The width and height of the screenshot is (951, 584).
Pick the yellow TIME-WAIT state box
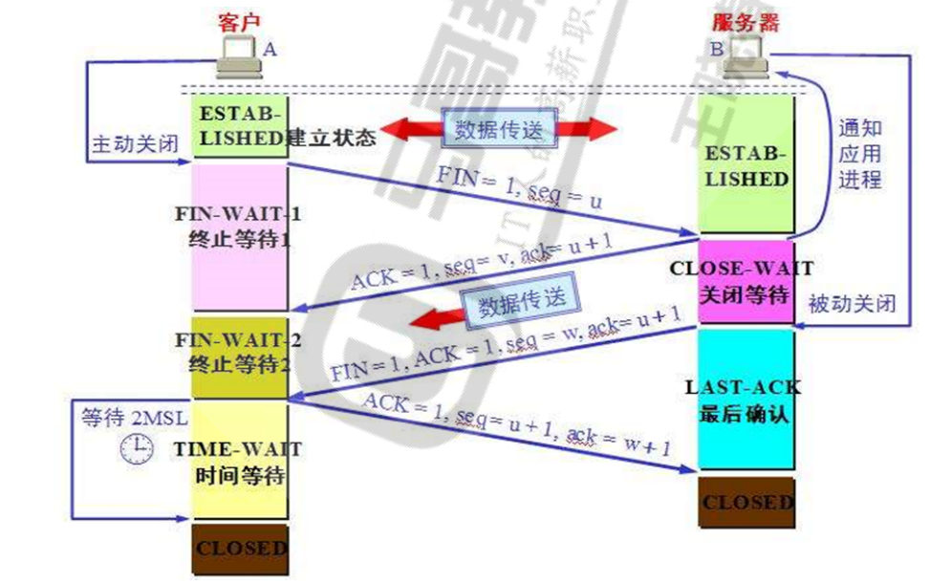(240, 460)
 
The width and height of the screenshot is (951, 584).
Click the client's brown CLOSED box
(240, 549)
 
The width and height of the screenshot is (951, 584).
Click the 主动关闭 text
(135, 145)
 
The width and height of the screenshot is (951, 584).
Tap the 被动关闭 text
(852, 304)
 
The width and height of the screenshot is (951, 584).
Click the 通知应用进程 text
(859, 154)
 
